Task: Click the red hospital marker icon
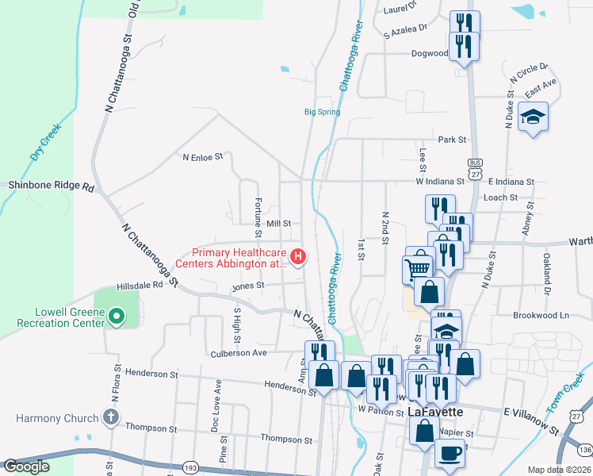(x=298, y=256)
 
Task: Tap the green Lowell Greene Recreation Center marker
(x=116, y=317)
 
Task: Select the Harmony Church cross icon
(x=111, y=417)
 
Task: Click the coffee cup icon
(x=450, y=453)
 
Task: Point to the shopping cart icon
(x=419, y=267)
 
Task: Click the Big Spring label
(x=323, y=112)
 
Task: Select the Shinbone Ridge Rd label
(x=51, y=188)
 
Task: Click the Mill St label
(x=279, y=224)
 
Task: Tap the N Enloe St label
(x=203, y=157)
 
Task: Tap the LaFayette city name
(x=435, y=412)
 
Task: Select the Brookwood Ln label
(x=541, y=315)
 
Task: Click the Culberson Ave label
(x=238, y=353)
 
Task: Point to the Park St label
(x=451, y=140)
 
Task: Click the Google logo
(x=27, y=466)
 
